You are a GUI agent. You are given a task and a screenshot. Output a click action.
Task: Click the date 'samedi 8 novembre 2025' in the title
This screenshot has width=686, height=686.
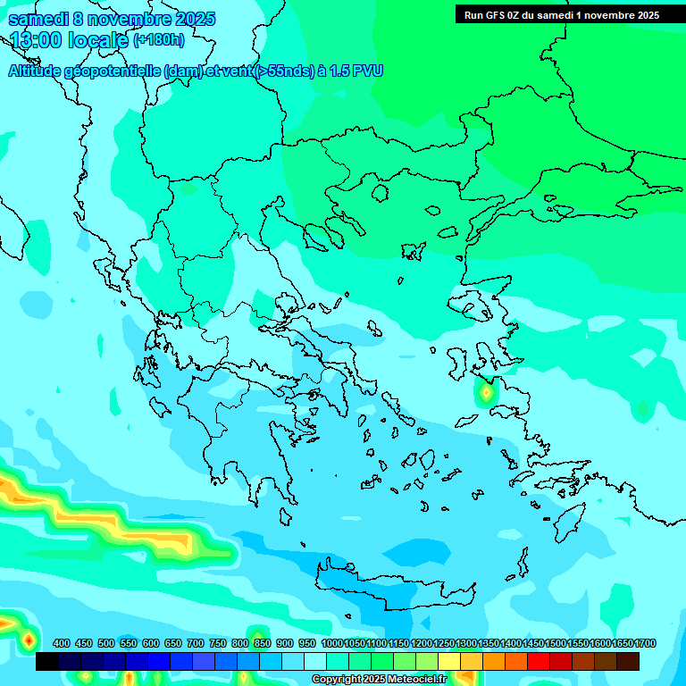tap(112, 19)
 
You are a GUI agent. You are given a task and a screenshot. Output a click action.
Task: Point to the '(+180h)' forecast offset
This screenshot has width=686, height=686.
tap(159, 40)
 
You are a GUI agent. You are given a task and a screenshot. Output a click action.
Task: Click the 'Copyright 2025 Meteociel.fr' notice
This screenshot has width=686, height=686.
tap(391, 680)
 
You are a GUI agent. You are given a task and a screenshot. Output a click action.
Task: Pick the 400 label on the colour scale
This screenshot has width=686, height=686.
tap(62, 644)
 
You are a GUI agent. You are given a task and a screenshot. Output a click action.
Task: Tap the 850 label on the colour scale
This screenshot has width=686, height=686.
tap(262, 644)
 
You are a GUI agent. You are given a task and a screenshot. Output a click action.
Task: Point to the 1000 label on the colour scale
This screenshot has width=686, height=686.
tap(331, 644)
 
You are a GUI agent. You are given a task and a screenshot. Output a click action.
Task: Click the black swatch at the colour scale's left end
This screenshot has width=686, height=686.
tap(47, 662)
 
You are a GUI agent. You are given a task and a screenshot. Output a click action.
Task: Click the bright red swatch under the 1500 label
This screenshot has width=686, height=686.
tap(539, 662)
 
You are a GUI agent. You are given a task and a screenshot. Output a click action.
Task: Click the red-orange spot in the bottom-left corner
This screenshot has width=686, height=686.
tap(28, 640)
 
